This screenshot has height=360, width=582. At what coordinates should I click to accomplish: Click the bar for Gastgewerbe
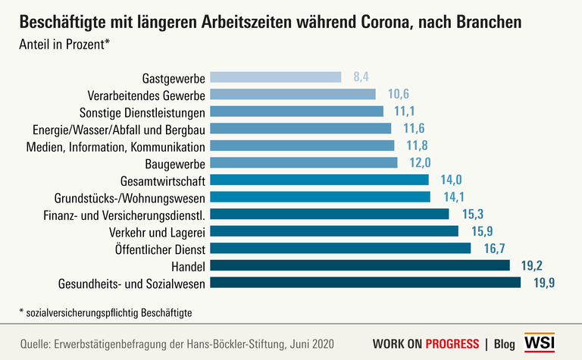click(x=275, y=77)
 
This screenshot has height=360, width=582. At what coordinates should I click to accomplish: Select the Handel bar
click(x=360, y=265)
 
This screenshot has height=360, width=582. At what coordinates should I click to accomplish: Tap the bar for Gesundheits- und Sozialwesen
click(x=365, y=283)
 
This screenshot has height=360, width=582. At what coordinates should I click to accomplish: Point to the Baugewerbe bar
click(x=303, y=163)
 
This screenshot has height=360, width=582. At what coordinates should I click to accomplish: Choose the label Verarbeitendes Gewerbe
click(x=142, y=95)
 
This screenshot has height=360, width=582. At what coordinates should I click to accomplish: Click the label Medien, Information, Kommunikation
click(x=115, y=146)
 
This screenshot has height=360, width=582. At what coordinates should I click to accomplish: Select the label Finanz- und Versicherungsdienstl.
click(x=125, y=214)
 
